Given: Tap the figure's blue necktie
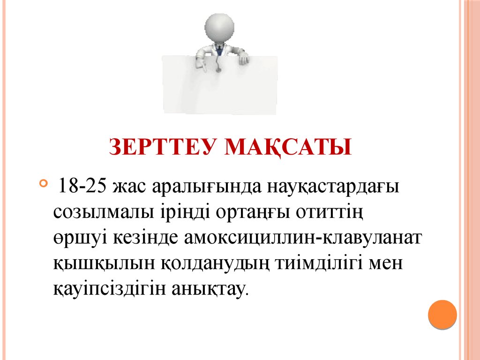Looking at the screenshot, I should click(x=219, y=49).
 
